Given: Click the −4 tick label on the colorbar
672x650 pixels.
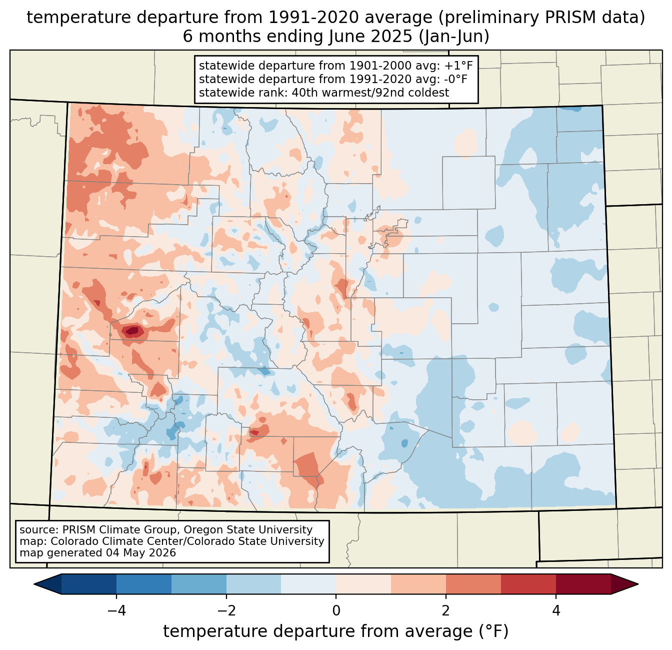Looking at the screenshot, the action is [116, 610].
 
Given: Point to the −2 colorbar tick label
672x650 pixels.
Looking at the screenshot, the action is [226, 610].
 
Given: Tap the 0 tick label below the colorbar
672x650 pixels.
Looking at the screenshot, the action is [336, 610].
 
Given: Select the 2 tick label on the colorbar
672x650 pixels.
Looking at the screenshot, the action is [446, 610].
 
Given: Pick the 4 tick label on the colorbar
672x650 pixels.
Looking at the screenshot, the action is [555, 610].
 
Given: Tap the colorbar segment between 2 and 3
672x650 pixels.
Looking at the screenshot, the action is [473, 584].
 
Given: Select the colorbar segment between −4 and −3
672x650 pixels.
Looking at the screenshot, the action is [143, 584].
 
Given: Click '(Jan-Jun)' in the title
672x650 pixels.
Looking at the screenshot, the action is [454, 37].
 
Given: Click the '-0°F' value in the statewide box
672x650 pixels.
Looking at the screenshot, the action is [454, 79].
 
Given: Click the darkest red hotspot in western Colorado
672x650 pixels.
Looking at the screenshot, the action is [132, 331].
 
